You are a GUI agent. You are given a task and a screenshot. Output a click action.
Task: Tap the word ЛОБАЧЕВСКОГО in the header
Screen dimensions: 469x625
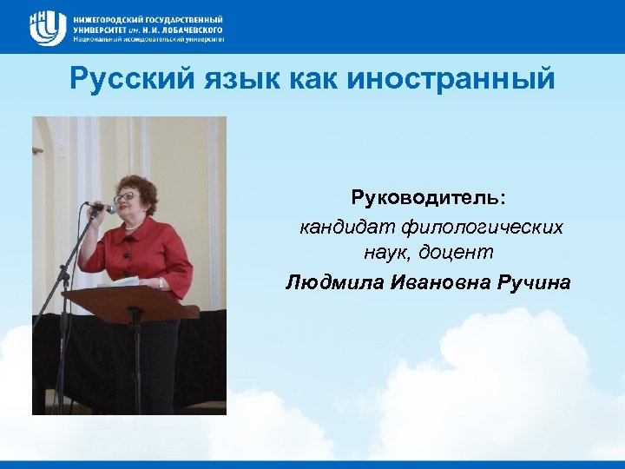click(x=186, y=29)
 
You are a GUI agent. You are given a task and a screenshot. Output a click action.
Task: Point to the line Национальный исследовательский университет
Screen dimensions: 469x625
click(x=148, y=39)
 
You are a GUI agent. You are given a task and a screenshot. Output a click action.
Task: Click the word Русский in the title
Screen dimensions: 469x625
click(x=130, y=80)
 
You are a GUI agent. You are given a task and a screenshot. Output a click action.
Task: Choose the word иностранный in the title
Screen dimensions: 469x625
click(x=451, y=81)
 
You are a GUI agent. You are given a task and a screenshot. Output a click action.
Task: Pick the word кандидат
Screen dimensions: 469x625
click(x=346, y=228)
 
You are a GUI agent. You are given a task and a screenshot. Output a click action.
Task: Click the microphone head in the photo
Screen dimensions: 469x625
click(x=109, y=208)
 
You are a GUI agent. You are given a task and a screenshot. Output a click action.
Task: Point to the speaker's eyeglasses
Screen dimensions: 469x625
click(x=125, y=196)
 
